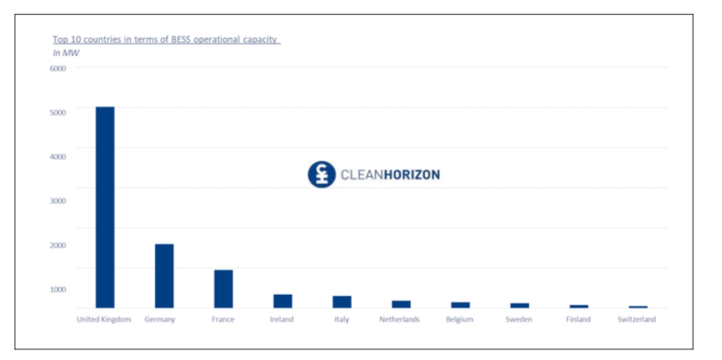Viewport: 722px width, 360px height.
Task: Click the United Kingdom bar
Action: pyautogui.click(x=105, y=208)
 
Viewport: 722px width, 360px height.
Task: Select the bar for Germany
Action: pyautogui.click(x=164, y=276)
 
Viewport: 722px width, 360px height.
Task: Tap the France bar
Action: pyautogui.click(x=223, y=288)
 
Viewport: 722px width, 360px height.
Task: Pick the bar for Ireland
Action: pyautogui.click(x=283, y=302)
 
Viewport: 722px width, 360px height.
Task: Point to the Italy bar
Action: pyautogui.click(x=342, y=302)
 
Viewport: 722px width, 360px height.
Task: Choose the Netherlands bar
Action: pyautogui.click(x=401, y=305)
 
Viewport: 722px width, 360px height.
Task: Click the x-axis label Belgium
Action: pyautogui.click(x=460, y=320)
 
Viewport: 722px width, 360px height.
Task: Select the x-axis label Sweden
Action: pyautogui.click(x=519, y=320)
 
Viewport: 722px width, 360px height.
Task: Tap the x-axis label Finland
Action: pyautogui.click(x=579, y=320)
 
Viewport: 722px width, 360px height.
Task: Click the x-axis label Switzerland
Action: pyautogui.click(x=637, y=320)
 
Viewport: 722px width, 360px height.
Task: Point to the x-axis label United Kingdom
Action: pyautogui.click(x=104, y=320)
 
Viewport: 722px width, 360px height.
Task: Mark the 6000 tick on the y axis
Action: pyautogui.click(x=58, y=68)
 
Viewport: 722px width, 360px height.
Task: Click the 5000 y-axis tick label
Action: pyautogui.click(x=58, y=112)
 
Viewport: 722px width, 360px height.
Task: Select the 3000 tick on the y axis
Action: pyautogui.click(x=58, y=201)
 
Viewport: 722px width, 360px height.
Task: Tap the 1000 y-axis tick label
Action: pyautogui.click(x=58, y=289)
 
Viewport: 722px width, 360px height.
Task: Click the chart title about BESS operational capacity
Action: pyautogui.click(x=166, y=39)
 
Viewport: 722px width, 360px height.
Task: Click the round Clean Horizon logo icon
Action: pyautogui.click(x=321, y=175)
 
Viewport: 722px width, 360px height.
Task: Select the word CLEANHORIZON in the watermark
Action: pyautogui.click(x=390, y=175)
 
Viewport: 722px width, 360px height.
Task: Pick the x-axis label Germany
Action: pyautogui.click(x=160, y=320)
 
